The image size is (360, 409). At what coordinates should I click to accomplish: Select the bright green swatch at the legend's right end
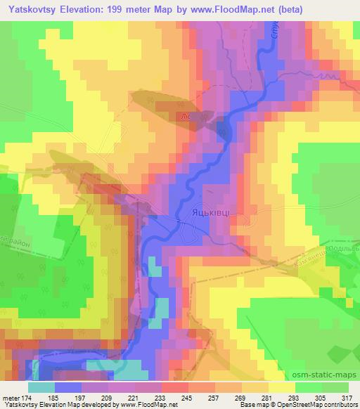pos(334,387)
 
